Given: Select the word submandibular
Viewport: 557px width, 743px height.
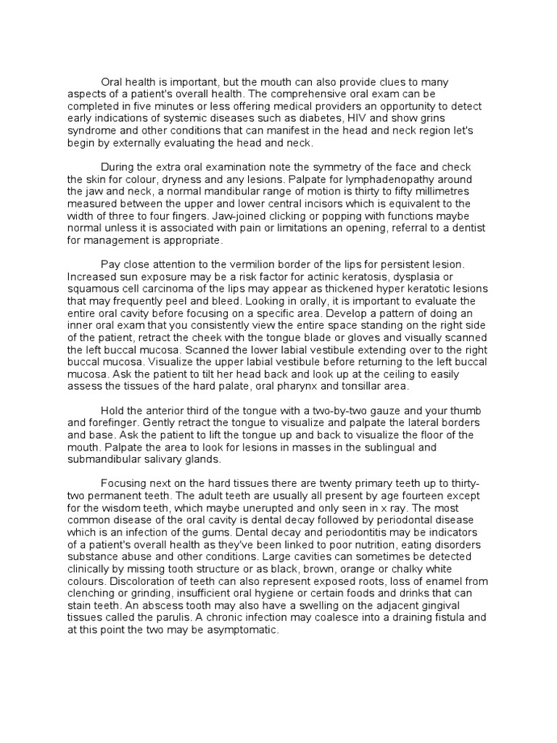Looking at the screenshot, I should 107,458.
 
